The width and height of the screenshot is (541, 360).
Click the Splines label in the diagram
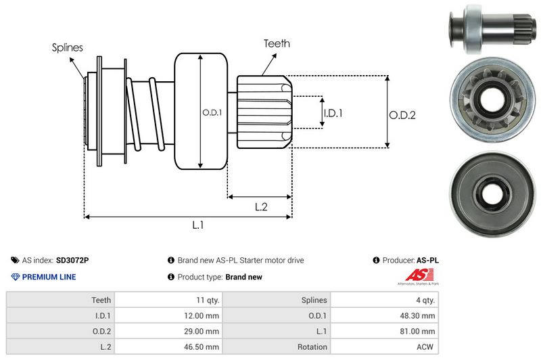click(x=68, y=47)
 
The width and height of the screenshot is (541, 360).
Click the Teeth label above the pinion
click(x=277, y=43)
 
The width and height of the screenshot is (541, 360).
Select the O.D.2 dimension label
click(x=402, y=115)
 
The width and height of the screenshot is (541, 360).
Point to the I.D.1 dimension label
click(x=333, y=113)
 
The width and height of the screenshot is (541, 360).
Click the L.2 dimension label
click(x=262, y=208)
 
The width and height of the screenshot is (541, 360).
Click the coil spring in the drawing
click(x=145, y=112)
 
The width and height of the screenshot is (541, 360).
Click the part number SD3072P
click(x=72, y=260)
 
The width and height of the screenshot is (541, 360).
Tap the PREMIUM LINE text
click(x=49, y=277)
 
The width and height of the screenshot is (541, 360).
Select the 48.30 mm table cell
click(x=419, y=315)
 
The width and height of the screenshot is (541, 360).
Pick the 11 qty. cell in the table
click(x=205, y=300)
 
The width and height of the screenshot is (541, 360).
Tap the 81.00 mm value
click(x=419, y=331)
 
